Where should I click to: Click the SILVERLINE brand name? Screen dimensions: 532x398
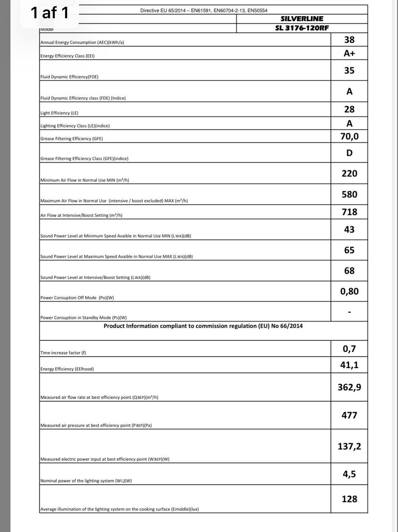302,19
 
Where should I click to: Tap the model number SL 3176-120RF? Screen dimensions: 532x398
302,28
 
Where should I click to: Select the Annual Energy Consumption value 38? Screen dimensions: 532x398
349,40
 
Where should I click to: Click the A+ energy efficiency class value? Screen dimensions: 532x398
349,53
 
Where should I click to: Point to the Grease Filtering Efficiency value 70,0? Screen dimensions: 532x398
349,136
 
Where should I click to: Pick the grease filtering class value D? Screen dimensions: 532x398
349,153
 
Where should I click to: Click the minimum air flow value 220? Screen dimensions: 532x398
349,173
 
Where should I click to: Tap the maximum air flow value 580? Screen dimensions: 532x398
349,194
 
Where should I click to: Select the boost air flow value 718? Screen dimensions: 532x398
349,212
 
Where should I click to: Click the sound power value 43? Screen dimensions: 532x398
349,229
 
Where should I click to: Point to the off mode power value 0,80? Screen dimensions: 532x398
349,291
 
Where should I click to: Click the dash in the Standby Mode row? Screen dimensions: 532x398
349,312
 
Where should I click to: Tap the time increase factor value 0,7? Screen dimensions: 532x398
349,349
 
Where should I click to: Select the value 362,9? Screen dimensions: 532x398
349,387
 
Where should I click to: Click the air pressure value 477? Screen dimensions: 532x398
349,415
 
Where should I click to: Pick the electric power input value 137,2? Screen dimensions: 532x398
349,446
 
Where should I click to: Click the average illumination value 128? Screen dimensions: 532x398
349,499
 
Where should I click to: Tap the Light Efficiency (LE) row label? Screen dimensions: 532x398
59,113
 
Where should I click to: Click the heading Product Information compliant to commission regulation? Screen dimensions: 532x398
203,326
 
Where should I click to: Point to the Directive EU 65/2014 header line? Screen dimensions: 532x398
204,10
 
